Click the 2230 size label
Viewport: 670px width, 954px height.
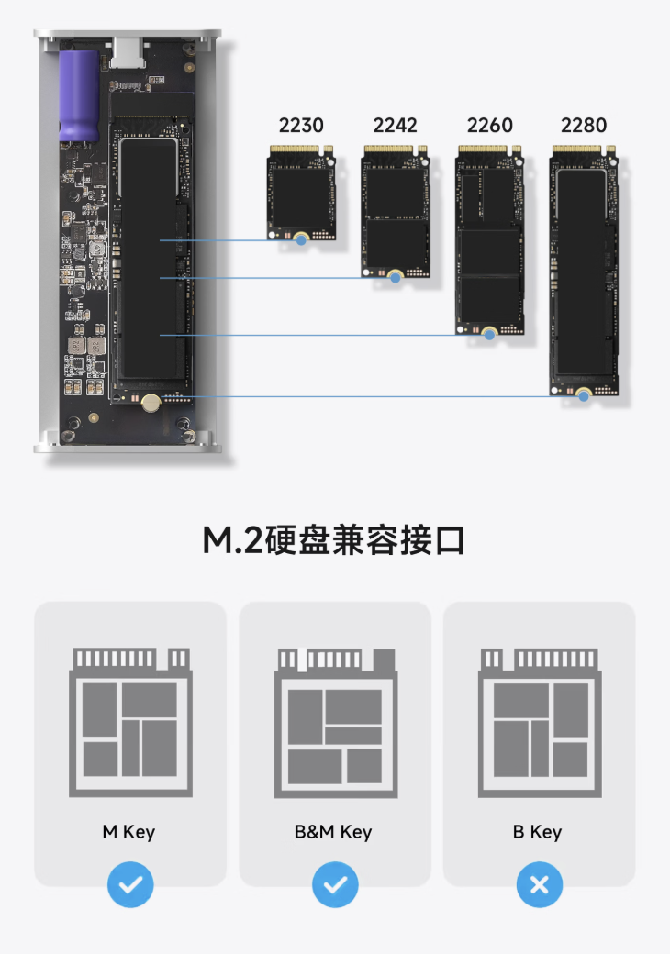pos(301,126)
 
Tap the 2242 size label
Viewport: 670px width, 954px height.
pos(395,126)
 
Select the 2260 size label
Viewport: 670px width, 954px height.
pos(489,126)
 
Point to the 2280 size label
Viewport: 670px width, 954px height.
pos(584,126)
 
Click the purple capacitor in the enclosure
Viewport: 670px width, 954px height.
pos(79,96)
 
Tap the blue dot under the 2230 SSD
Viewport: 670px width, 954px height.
pos(301,240)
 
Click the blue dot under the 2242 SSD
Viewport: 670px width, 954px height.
pos(396,278)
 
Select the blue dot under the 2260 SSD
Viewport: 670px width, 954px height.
pos(490,335)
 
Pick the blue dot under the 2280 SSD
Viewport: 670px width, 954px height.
pos(584,396)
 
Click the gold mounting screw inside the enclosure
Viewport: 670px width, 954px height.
pos(151,402)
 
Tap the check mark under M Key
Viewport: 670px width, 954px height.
pos(130,884)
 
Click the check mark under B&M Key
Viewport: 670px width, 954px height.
pos(335,884)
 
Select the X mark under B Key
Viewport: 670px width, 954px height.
pos(539,884)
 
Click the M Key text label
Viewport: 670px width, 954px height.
pos(128,832)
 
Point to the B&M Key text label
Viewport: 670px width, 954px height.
pos(333,832)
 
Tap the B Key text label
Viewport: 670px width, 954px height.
pos(537,832)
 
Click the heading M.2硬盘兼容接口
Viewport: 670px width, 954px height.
pos(333,539)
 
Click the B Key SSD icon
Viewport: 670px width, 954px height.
pos(540,723)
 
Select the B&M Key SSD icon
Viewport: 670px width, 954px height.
pos(335,723)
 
